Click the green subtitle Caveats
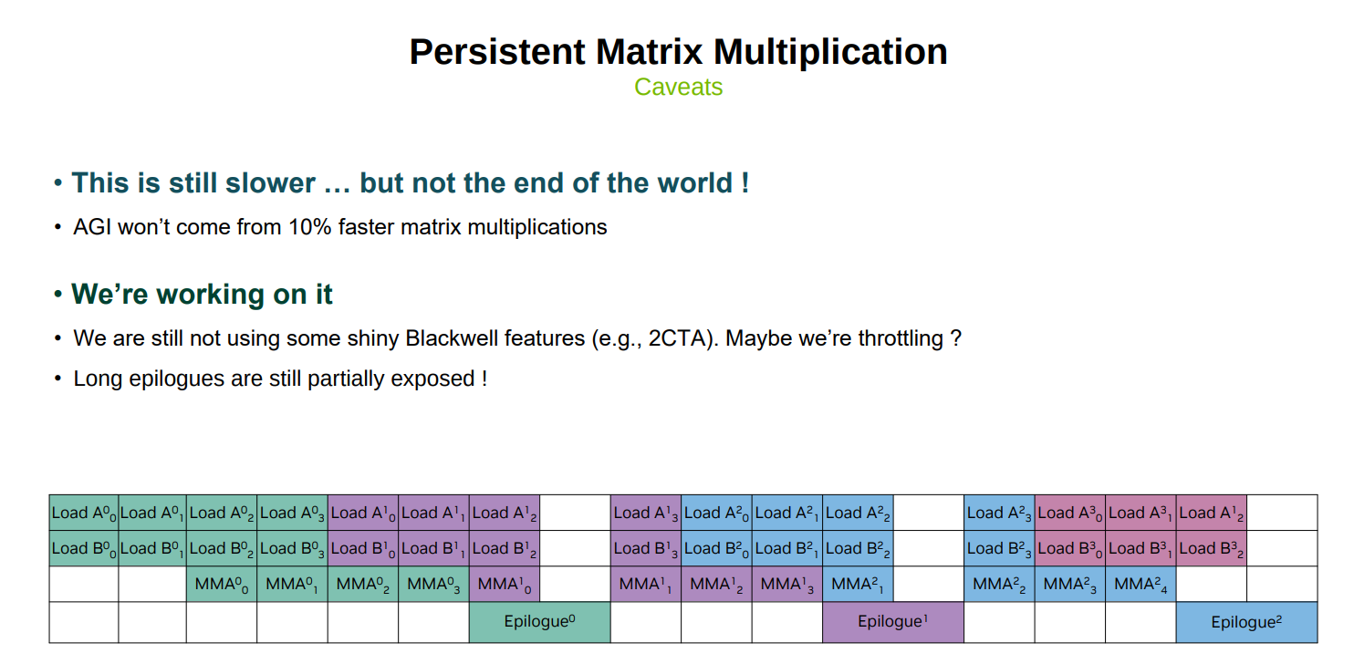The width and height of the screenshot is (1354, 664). point(678,87)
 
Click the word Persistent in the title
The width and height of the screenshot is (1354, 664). point(497,51)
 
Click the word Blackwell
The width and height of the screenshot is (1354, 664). point(452,338)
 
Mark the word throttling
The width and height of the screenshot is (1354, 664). point(901,339)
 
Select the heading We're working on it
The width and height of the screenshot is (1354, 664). point(202,295)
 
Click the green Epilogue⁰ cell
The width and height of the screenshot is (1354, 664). point(540,622)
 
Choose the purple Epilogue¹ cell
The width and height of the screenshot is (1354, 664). point(893,622)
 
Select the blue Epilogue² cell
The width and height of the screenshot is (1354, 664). point(1246,622)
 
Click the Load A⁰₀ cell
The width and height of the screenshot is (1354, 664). point(83,513)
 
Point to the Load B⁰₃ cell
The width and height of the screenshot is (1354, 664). point(292,548)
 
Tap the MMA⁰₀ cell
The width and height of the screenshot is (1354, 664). point(221,585)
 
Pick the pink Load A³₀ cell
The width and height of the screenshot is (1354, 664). point(1070,513)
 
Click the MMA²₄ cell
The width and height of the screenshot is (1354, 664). point(1140,585)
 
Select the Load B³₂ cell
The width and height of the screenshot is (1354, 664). point(1212,548)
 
